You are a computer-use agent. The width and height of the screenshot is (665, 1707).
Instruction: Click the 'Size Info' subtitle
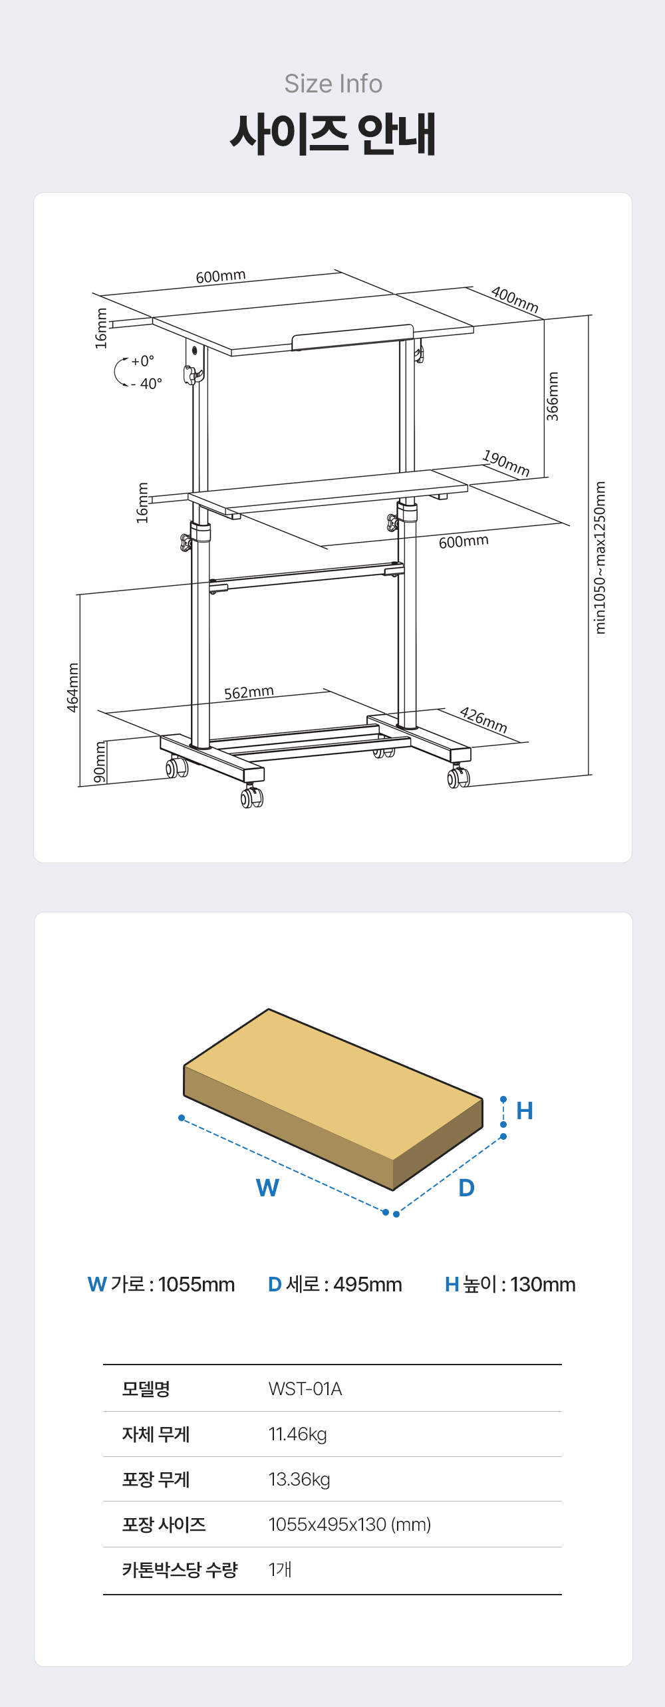click(x=333, y=84)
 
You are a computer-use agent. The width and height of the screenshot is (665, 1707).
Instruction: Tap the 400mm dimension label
click(x=515, y=299)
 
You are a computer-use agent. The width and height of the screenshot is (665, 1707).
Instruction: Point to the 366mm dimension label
click(x=553, y=396)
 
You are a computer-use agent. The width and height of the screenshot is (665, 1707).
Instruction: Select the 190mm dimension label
click(x=506, y=463)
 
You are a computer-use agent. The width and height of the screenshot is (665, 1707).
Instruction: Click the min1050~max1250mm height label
click(x=600, y=557)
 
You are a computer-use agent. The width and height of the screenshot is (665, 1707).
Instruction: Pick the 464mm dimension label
click(x=72, y=687)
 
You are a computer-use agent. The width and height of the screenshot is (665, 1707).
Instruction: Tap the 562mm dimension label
click(x=249, y=692)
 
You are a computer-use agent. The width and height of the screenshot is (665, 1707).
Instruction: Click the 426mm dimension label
click(x=483, y=720)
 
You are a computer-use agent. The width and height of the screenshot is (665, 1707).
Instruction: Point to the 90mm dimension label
click(x=100, y=762)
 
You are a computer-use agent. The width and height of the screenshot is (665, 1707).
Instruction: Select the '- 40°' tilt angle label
click(x=146, y=384)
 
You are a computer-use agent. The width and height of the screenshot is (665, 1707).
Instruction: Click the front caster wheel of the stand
click(x=252, y=796)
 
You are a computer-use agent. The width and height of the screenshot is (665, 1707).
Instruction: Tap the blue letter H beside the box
click(x=525, y=1111)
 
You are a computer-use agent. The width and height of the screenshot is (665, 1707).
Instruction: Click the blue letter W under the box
click(x=267, y=1188)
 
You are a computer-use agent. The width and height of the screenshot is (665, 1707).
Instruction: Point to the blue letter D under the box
click(x=467, y=1188)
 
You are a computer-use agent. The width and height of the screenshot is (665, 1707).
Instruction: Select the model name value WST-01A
click(x=305, y=1388)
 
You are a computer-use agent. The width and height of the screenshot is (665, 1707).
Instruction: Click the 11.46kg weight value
click(x=298, y=1434)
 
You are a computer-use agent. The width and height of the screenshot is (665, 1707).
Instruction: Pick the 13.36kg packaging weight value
click(x=299, y=1479)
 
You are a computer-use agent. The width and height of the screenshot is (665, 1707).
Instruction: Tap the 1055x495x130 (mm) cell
click(x=350, y=1524)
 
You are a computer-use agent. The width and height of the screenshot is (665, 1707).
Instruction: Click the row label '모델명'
click(x=146, y=1388)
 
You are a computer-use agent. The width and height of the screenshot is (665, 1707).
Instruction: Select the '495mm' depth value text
click(x=368, y=1284)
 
